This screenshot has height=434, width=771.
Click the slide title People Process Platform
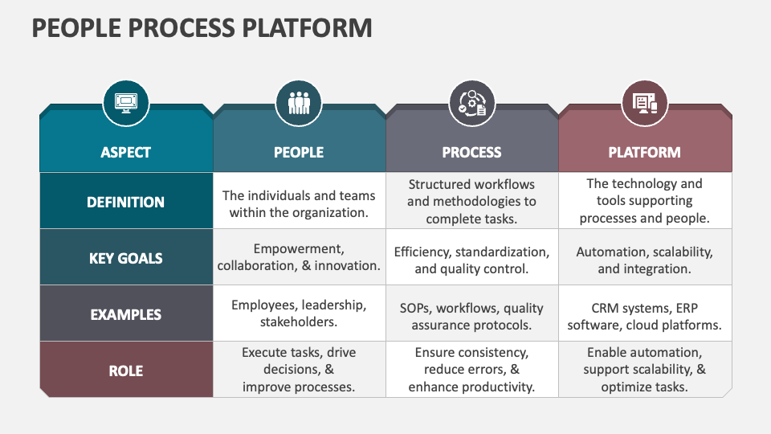(202, 27)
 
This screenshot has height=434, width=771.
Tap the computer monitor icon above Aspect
(126, 103)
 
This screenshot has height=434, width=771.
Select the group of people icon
(299, 103)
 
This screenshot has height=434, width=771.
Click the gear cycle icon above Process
(471, 103)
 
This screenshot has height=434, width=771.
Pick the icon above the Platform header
(644, 103)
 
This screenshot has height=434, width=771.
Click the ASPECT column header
(126, 152)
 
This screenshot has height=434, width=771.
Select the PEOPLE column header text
(299, 152)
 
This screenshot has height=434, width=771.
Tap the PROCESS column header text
(471, 152)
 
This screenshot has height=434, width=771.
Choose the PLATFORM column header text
(644, 152)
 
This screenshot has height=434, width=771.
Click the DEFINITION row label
(126, 202)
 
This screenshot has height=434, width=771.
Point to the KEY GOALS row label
(126, 258)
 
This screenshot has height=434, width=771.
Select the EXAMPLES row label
(126, 314)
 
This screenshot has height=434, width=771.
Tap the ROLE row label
(126, 371)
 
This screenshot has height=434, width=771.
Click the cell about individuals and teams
(299, 204)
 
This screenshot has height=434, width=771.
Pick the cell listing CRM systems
(644, 317)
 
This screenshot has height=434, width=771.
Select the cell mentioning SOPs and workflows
(471, 317)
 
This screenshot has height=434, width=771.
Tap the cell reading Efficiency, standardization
(471, 260)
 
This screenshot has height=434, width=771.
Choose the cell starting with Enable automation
(644, 370)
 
